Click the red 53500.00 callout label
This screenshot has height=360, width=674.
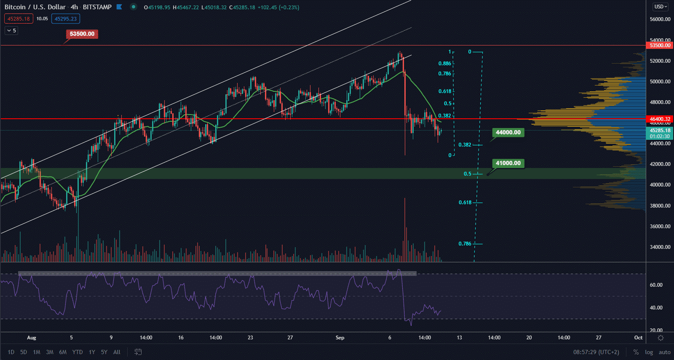82,34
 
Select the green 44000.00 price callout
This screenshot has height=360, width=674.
508,133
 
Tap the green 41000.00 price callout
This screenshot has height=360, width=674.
508,163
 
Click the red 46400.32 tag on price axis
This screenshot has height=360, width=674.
660,119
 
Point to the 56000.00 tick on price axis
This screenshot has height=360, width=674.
660,19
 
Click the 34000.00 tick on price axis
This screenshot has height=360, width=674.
660,247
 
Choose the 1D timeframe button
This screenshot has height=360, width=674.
11,352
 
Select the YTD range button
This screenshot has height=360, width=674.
78,352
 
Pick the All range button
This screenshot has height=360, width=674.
117,352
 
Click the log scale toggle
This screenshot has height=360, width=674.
649,352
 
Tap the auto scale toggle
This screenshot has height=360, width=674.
664,352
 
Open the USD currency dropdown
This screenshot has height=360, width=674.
660,7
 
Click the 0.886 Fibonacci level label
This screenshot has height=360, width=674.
444,64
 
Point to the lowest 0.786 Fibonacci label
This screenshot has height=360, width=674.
465,244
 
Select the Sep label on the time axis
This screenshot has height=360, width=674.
340,338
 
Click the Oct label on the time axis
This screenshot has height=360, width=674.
639,338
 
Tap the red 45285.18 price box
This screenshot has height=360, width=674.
19,19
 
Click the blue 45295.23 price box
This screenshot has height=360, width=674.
66,19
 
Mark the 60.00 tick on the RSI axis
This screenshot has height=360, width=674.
656,285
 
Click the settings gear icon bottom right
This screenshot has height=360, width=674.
661,338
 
